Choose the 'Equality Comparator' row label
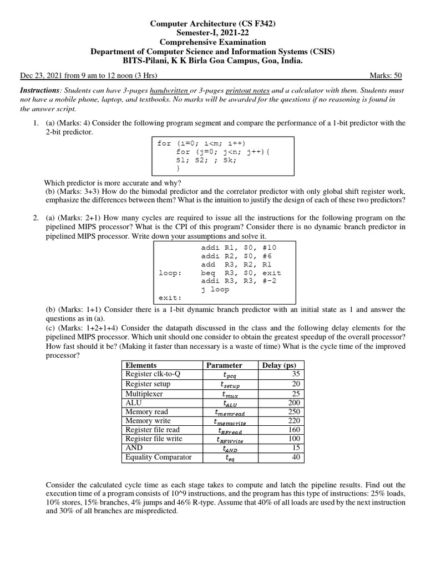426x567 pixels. click(x=159, y=457)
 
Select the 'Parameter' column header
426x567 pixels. click(x=224, y=365)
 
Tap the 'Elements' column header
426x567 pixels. click(x=141, y=365)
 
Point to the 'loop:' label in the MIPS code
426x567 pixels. click(x=170, y=273)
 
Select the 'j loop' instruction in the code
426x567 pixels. click(x=215, y=289)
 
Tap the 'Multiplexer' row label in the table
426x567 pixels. click(x=145, y=393)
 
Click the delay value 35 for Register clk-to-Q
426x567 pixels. click(x=295, y=375)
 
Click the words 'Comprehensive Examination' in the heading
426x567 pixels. click(x=213, y=42)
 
